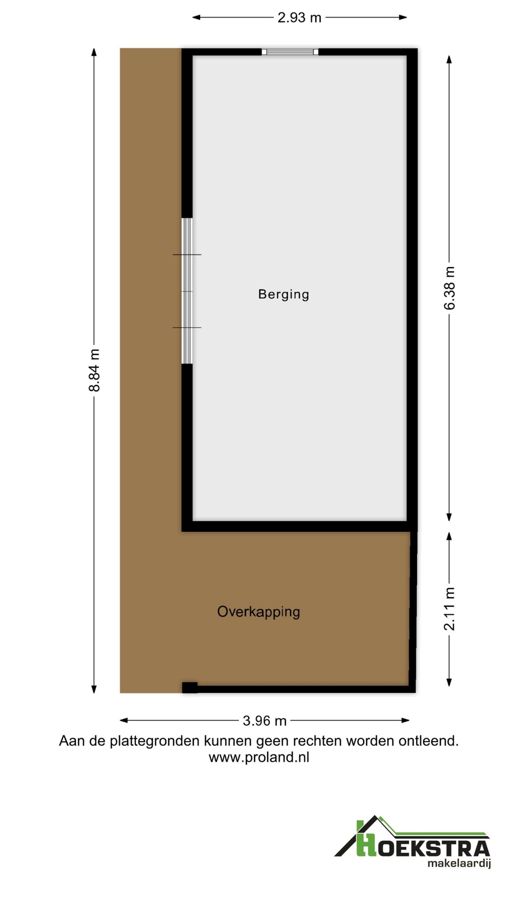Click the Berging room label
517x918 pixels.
(283, 294)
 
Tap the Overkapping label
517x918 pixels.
(258, 611)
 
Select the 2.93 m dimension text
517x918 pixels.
(299, 18)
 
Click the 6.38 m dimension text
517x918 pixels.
(450, 288)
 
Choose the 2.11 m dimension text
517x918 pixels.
(450, 609)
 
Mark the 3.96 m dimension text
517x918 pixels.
(265, 720)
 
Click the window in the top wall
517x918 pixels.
(290, 52)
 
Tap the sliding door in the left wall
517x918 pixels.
(187, 291)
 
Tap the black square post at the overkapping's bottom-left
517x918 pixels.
(190, 687)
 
